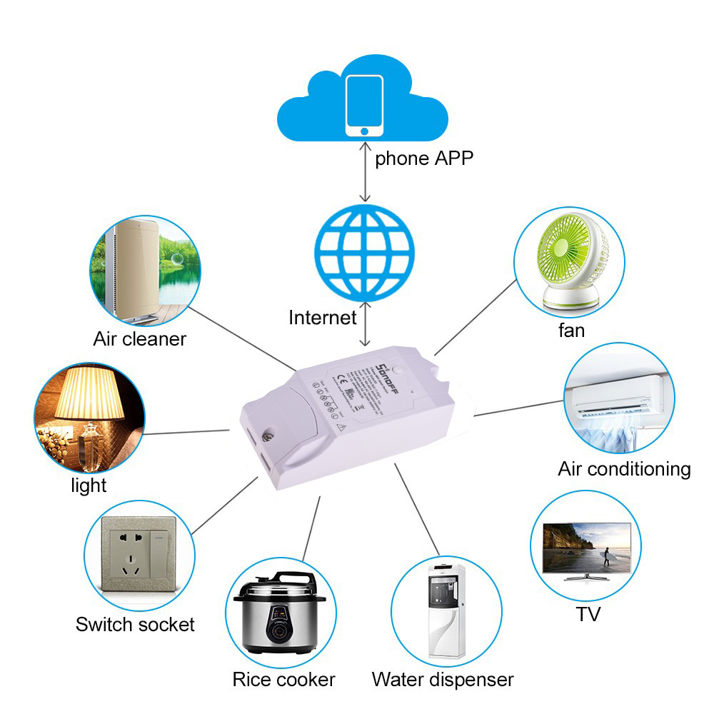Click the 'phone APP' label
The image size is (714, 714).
424,158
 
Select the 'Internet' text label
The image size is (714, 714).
322,317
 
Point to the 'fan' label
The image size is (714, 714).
571,331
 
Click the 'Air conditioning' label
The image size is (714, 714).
624,469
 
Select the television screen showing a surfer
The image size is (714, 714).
587,546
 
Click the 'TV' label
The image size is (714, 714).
588,614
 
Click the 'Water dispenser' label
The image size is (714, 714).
442,679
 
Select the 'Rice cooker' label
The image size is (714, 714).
283,679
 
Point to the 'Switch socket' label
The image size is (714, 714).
135,625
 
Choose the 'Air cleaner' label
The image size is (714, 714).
139,338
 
